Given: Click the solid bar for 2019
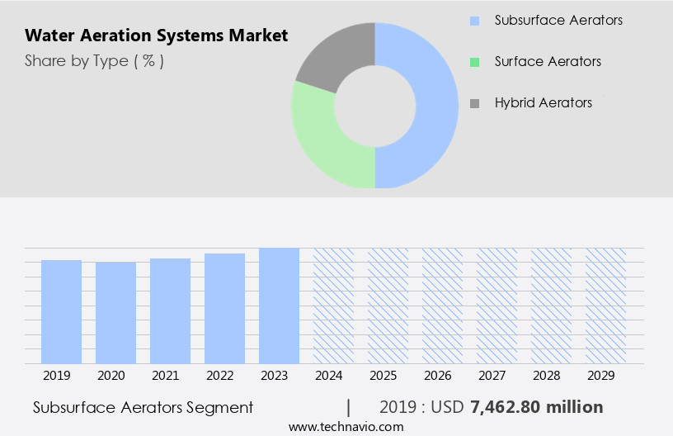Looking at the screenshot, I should (62, 311).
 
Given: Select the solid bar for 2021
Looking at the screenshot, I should (171, 310).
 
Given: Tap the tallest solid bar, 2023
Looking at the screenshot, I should (279, 306).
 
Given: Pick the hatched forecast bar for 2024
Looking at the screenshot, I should (333, 306).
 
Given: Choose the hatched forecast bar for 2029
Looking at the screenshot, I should (605, 306).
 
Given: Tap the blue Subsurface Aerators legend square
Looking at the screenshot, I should (474, 20).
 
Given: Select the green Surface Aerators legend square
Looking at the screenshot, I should (474, 62).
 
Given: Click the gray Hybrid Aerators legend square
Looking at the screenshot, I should (474, 103).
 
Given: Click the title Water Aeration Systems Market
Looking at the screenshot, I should (157, 36).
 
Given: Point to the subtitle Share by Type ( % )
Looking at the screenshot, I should (94, 61).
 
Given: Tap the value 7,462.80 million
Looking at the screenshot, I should (536, 407).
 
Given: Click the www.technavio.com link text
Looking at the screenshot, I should (346, 427).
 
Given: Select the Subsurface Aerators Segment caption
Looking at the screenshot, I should (144, 407).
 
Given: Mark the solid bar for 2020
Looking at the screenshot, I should (116, 312).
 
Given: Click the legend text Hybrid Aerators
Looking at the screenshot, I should (544, 103).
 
